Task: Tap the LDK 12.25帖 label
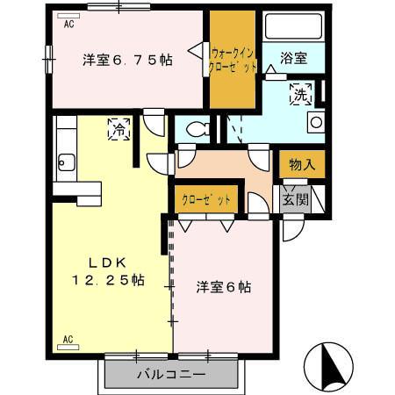[x=109, y=272]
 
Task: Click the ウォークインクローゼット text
[x=233, y=59]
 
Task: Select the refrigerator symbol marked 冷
[x=118, y=129]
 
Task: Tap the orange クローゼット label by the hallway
[x=207, y=199]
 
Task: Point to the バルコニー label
[x=171, y=375]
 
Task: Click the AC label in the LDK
[x=68, y=338]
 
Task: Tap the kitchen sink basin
[x=65, y=162]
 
